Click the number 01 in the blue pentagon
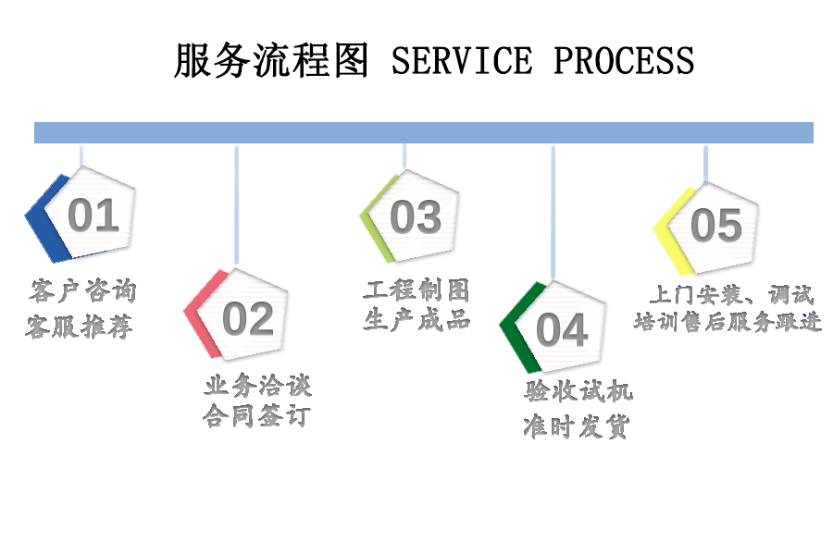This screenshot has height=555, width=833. click(93, 216)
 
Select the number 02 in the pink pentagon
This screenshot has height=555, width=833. click(248, 319)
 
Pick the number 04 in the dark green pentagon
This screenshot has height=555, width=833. click(562, 330)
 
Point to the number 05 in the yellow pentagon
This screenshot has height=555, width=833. click(716, 226)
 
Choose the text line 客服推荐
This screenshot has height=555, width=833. click(79, 327)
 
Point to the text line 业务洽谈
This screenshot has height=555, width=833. click(257, 384)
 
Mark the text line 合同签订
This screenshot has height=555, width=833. click(255, 416)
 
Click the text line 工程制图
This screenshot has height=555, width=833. click(416, 290)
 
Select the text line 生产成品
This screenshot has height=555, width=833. click(416, 320)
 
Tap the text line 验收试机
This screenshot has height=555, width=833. click(578, 392)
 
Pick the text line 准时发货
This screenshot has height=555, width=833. click(576, 428)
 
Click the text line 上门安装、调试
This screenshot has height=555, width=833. click(730, 295)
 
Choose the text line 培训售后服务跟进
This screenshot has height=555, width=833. click(727, 323)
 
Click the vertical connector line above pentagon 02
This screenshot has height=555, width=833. click(237, 203)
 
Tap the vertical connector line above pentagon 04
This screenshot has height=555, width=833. click(553, 213)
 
